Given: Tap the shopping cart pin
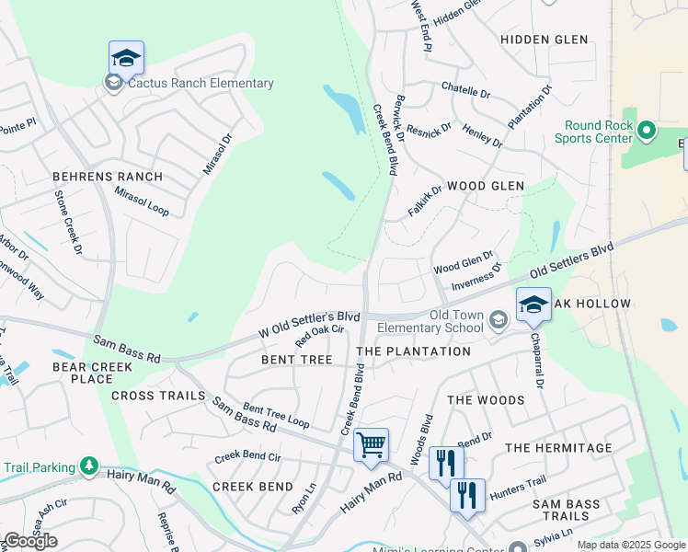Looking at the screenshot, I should (371, 445).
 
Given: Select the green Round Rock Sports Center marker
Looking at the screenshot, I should (646, 132).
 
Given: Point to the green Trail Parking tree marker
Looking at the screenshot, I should (89, 466).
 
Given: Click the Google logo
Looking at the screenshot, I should (30, 541).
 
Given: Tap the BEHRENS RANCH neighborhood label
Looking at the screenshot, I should (108, 177).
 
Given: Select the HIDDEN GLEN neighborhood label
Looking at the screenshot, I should (544, 40).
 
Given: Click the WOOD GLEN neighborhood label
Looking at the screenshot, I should (485, 186).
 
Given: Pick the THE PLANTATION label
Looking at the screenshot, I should (413, 351).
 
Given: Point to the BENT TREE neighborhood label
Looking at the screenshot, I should (296, 360).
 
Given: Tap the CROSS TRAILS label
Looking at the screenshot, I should (158, 396).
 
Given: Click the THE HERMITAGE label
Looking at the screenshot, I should (558, 448).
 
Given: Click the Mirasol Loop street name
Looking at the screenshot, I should (142, 201).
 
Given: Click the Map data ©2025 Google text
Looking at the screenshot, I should (630, 545).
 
